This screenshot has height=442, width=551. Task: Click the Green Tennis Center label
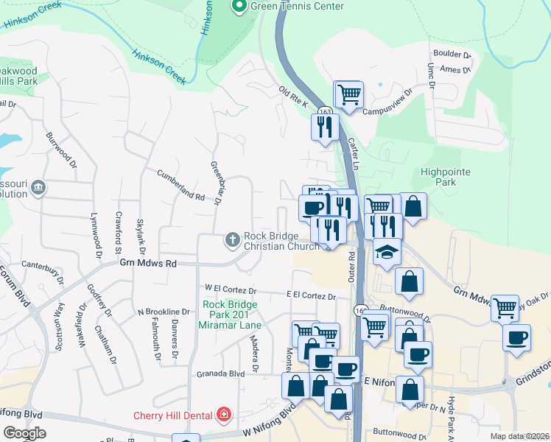pyautogui.click(x=297, y=6)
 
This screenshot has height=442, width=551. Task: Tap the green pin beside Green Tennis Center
pyautogui.click(x=239, y=7)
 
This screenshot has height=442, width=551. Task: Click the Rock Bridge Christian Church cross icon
pyautogui.click(x=233, y=239)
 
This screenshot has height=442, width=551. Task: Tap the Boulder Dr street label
pyautogui.click(x=452, y=55)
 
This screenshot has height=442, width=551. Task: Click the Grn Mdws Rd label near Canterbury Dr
pyautogui.click(x=148, y=262)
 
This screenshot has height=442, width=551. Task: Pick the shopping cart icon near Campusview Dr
pyautogui.click(x=348, y=94)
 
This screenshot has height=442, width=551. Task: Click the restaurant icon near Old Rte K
pyautogui.click(x=325, y=127)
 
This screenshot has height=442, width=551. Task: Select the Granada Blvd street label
pyautogui.click(x=220, y=373)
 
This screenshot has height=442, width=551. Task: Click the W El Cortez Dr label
pyautogui.click(x=231, y=290)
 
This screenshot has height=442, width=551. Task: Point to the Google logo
pyautogui.click(x=25, y=433)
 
